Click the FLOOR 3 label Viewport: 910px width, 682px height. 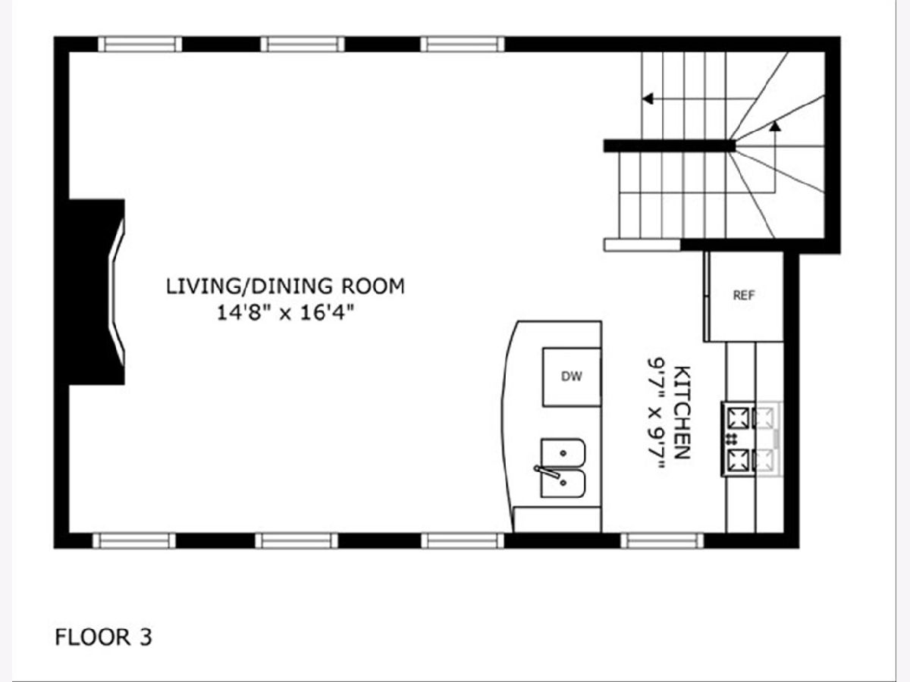tap(104, 637)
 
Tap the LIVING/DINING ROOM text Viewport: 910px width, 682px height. tap(285, 286)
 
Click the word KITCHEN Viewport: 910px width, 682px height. tap(682, 412)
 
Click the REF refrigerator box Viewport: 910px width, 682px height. tap(744, 296)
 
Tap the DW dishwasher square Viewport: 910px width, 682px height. tap(572, 377)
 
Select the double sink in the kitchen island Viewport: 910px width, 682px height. tap(563, 468)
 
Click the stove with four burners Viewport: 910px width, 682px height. tap(752, 439)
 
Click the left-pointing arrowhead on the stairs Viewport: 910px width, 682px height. tap(647, 99)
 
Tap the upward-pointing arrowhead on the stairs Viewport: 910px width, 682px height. tap(775, 126)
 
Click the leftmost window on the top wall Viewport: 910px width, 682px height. tap(140, 44)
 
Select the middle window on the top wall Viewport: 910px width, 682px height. tap(303, 44)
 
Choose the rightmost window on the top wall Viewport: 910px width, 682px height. tap(463, 44)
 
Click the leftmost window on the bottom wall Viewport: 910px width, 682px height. tap(134, 541)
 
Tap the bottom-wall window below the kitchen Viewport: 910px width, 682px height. tap(662, 541)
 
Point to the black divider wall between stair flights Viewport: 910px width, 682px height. tap(669, 145)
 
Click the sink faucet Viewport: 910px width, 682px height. tap(547, 472)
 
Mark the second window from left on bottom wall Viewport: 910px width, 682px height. tap(297, 541)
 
